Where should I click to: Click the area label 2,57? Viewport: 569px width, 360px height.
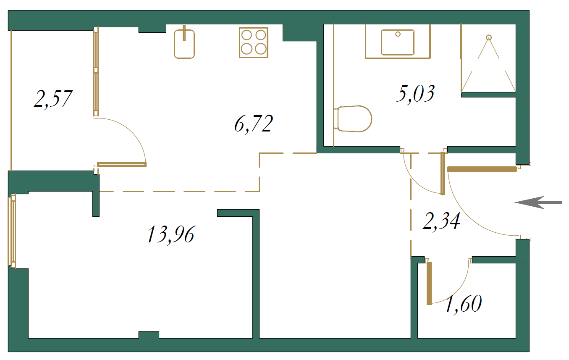click(x=53, y=99)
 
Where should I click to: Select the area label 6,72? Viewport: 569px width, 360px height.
click(x=254, y=124)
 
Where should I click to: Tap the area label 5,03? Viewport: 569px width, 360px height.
click(x=416, y=94)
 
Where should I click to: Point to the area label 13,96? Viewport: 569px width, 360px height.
click(x=171, y=235)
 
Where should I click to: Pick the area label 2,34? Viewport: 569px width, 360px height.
click(x=441, y=221)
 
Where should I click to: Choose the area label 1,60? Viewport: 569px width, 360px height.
click(x=464, y=304)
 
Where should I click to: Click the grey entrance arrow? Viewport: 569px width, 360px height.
click(x=538, y=202)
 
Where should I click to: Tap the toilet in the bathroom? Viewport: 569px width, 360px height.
click(x=353, y=119)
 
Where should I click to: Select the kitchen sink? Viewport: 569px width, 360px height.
click(x=184, y=44)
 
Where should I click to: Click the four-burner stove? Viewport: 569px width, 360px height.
click(x=254, y=43)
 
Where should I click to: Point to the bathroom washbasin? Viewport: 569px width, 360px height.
click(x=398, y=42)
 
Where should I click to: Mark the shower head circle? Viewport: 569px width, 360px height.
click(x=489, y=38)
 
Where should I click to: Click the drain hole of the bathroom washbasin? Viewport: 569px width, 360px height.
click(x=398, y=34)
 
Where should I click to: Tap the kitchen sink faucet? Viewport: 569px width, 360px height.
click(x=184, y=33)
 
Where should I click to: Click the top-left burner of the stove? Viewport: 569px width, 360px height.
click(x=246, y=35)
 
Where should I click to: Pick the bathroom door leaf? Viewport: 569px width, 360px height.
click(x=443, y=173)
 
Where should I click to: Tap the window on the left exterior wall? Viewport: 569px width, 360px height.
click(x=12, y=231)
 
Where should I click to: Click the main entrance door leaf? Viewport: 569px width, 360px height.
click(x=482, y=169)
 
